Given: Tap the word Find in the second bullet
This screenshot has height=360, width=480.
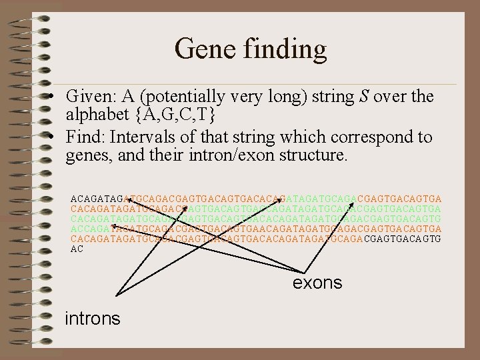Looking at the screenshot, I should tap(85, 138).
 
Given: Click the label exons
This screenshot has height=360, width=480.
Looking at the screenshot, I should tap(317, 283).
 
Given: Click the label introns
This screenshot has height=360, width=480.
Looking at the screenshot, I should tap(93, 319).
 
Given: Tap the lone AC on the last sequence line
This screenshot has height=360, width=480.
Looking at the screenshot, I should tap(77, 249).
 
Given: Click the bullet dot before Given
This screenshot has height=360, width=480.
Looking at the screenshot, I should tap(51, 97).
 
